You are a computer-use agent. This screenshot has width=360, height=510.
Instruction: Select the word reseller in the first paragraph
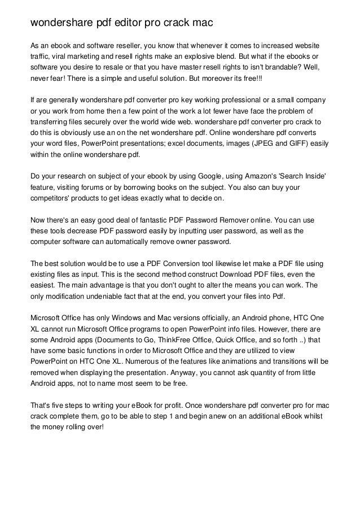pos(137,45)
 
